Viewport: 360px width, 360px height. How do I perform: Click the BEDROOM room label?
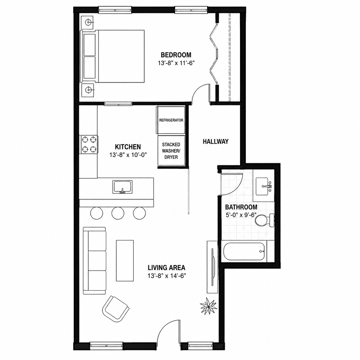click(176, 55)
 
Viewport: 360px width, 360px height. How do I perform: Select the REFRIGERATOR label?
click(171, 120)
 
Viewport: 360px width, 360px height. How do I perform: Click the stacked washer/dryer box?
click(171, 151)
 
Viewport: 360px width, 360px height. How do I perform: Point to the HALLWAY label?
click(216, 142)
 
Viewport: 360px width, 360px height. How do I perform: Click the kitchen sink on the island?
click(122, 187)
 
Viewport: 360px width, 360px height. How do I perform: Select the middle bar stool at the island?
click(118, 213)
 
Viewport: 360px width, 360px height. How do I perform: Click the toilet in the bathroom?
click(265, 221)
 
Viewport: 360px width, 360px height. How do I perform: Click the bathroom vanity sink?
click(264, 186)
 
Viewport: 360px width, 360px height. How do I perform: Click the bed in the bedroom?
click(113, 56)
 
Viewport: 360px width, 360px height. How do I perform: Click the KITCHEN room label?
click(128, 147)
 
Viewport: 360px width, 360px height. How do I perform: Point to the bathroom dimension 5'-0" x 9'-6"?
click(241, 215)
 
